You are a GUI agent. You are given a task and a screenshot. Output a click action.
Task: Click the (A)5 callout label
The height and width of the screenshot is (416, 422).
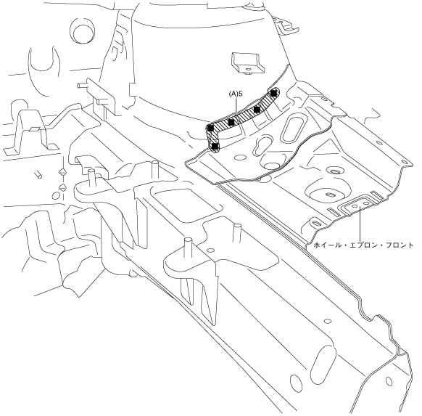point(236,94)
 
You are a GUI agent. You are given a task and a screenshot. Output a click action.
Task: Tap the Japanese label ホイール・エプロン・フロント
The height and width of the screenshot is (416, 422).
point(363,245)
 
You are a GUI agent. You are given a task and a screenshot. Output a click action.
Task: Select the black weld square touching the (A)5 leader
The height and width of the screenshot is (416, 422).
point(231,122)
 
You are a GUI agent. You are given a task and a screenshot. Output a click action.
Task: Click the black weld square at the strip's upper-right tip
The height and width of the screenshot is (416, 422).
point(273,94)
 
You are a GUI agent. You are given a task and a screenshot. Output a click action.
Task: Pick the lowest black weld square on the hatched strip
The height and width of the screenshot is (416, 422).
point(215,147)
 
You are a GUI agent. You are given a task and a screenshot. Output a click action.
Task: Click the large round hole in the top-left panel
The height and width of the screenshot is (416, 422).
point(82,31)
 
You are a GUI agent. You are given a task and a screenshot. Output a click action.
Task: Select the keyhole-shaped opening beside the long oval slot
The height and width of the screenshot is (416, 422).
point(262,145)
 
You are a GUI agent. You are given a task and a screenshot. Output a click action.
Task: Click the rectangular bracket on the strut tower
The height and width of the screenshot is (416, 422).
point(247,62)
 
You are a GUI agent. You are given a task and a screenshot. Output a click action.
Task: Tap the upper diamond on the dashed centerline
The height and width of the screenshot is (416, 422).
point(62,171)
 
